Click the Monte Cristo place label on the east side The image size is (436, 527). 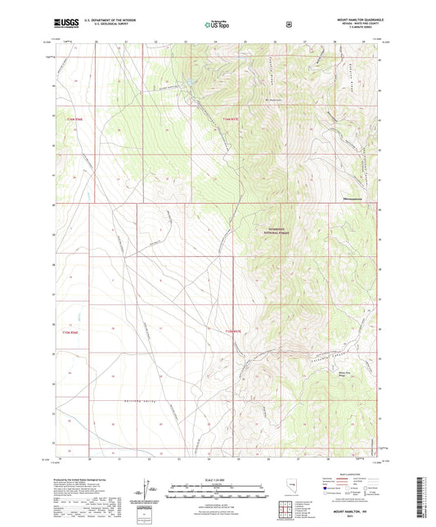[353, 197]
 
